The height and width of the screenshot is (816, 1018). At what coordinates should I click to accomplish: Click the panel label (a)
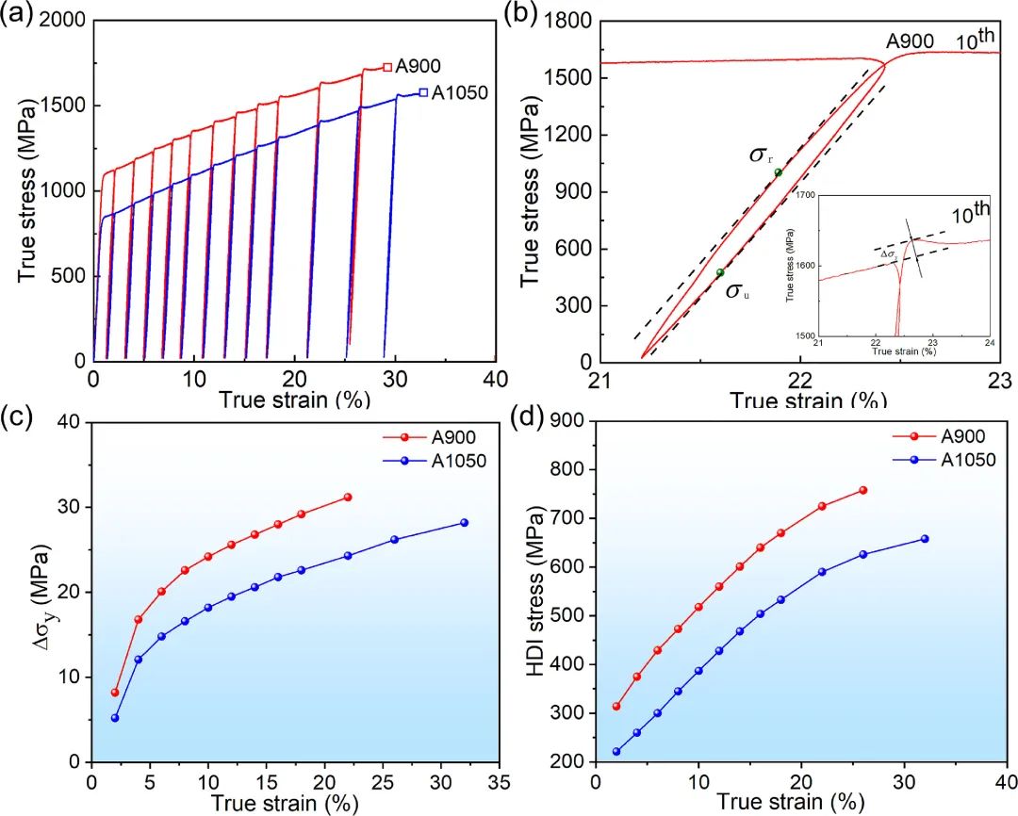[x=20, y=13]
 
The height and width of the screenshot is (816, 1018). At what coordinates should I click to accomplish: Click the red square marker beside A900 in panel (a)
[x=387, y=67]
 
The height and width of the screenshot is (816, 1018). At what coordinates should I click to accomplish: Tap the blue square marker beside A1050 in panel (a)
[x=423, y=92]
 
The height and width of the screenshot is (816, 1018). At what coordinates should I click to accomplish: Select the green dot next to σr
[x=778, y=172]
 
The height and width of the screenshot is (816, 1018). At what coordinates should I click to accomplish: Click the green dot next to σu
[x=720, y=272]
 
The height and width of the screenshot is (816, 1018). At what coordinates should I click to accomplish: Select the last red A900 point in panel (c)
[x=348, y=497]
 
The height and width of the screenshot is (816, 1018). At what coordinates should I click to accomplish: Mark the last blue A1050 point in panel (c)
[x=464, y=522]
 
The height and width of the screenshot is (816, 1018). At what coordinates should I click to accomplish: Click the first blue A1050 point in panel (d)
[x=616, y=751]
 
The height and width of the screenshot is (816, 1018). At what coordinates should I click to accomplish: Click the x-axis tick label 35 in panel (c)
[x=500, y=782]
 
